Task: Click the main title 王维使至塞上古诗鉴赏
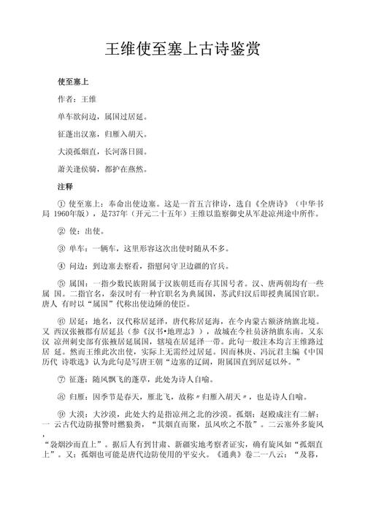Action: pyautogui.click(x=182, y=50)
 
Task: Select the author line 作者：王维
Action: pyautogui.click(x=77, y=97)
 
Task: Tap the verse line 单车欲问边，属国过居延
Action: pyautogui.click(x=103, y=115)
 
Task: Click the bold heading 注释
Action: pyautogui.click(x=65, y=188)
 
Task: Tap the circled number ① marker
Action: pyautogui.click(x=61, y=207)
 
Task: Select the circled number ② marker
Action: pyautogui.click(x=61, y=231)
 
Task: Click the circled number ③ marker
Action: pyautogui.click(x=61, y=250)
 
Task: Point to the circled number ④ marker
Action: pyautogui.click(x=61, y=268)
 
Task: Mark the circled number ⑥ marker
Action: pyautogui.click(x=61, y=322)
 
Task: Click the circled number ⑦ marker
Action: pyautogui.click(x=61, y=377)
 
